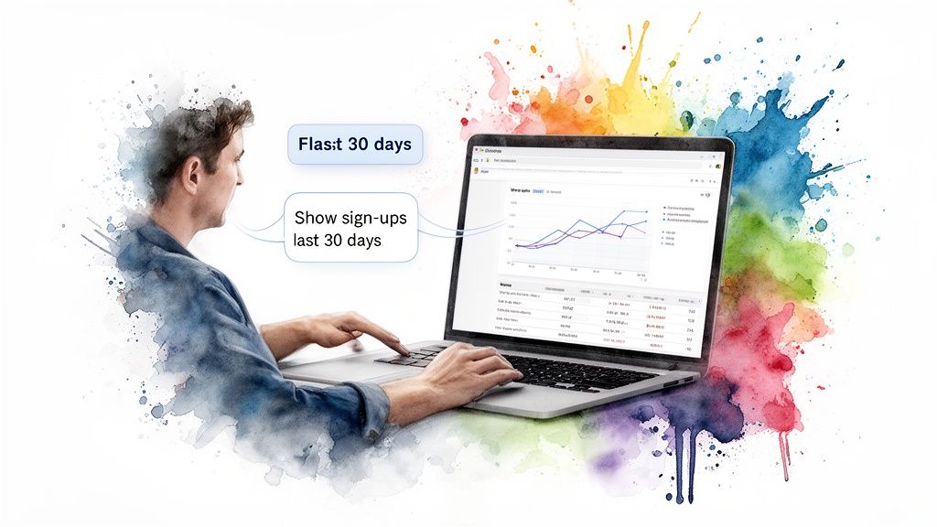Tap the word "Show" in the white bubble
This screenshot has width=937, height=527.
316,219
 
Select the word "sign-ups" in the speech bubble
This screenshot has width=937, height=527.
374,219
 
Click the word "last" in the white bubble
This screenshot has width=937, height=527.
308,242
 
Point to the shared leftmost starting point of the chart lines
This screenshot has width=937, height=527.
517,246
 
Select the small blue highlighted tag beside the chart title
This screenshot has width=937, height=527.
539,191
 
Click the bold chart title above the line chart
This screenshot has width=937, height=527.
519,190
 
